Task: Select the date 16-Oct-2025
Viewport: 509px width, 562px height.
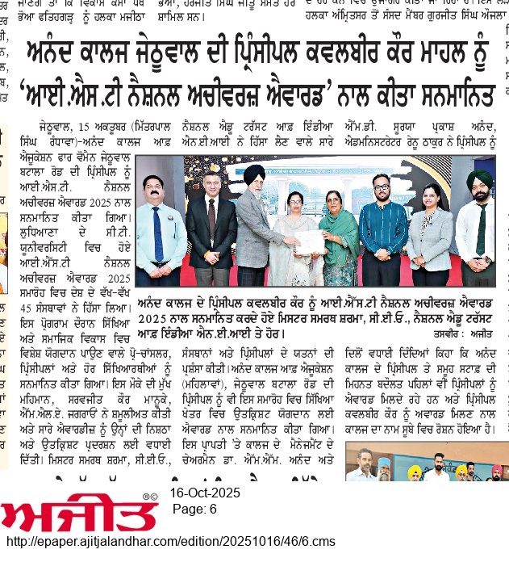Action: [x=205, y=494]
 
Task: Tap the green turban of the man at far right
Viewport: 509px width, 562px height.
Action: [x=479, y=178]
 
